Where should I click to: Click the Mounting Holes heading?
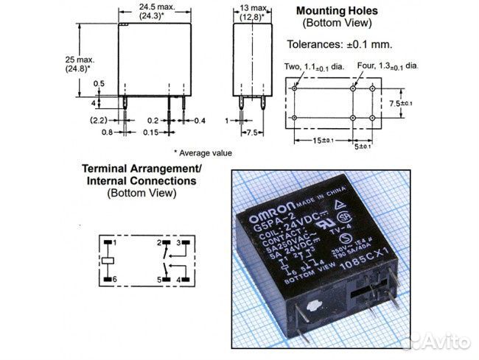(336, 11)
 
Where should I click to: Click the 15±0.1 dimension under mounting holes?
(323, 141)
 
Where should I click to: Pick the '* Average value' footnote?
(203, 153)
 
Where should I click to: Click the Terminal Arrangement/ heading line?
(141, 169)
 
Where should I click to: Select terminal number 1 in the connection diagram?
(116, 242)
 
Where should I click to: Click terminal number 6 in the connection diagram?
(116, 279)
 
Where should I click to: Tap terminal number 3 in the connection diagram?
(178, 242)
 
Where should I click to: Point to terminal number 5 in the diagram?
(158, 279)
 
